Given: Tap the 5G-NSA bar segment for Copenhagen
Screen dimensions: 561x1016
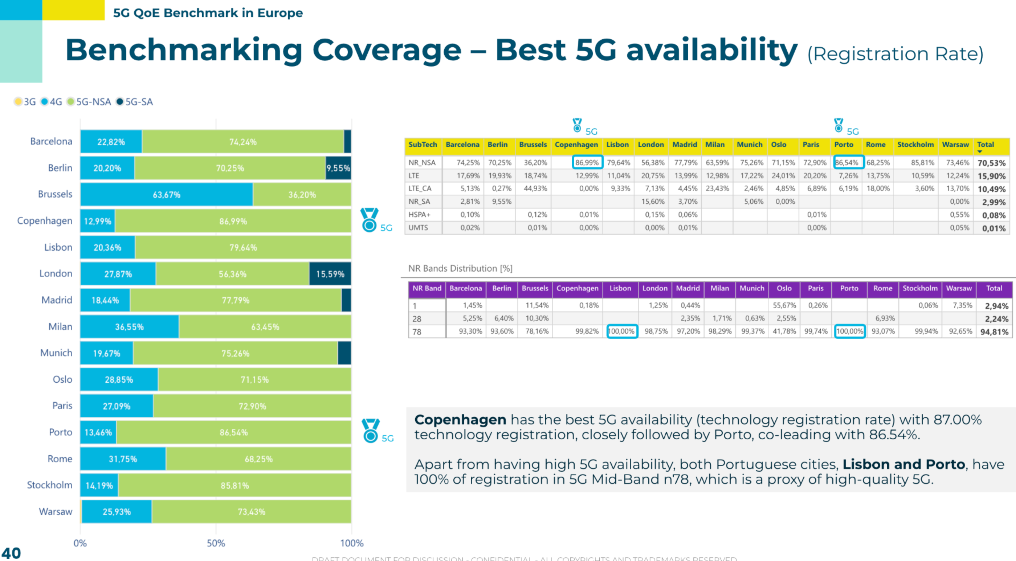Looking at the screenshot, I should (x=233, y=221).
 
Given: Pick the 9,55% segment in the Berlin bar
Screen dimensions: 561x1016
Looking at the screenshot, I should (x=338, y=168).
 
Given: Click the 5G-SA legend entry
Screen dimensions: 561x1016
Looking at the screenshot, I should (x=135, y=102).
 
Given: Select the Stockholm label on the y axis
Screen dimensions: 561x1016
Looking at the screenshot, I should (x=50, y=485).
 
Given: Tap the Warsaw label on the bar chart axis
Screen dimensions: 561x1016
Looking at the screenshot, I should (x=56, y=511).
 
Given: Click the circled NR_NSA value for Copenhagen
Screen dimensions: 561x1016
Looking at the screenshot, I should (x=587, y=162).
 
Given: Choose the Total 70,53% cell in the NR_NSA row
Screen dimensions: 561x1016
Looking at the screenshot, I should (x=991, y=163).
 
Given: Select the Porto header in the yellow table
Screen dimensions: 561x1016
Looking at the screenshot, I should (x=844, y=145).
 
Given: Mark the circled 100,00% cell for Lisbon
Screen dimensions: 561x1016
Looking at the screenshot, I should (x=622, y=331).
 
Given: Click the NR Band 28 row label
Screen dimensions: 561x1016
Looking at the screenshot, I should (x=417, y=319).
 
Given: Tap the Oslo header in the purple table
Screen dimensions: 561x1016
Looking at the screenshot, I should (x=784, y=288).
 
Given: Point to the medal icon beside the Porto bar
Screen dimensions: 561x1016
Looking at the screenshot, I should (x=370, y=431).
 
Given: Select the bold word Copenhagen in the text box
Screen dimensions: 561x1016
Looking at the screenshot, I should (x=460, y=420).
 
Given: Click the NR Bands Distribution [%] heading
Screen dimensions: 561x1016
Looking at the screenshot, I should (x=460, y=268).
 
